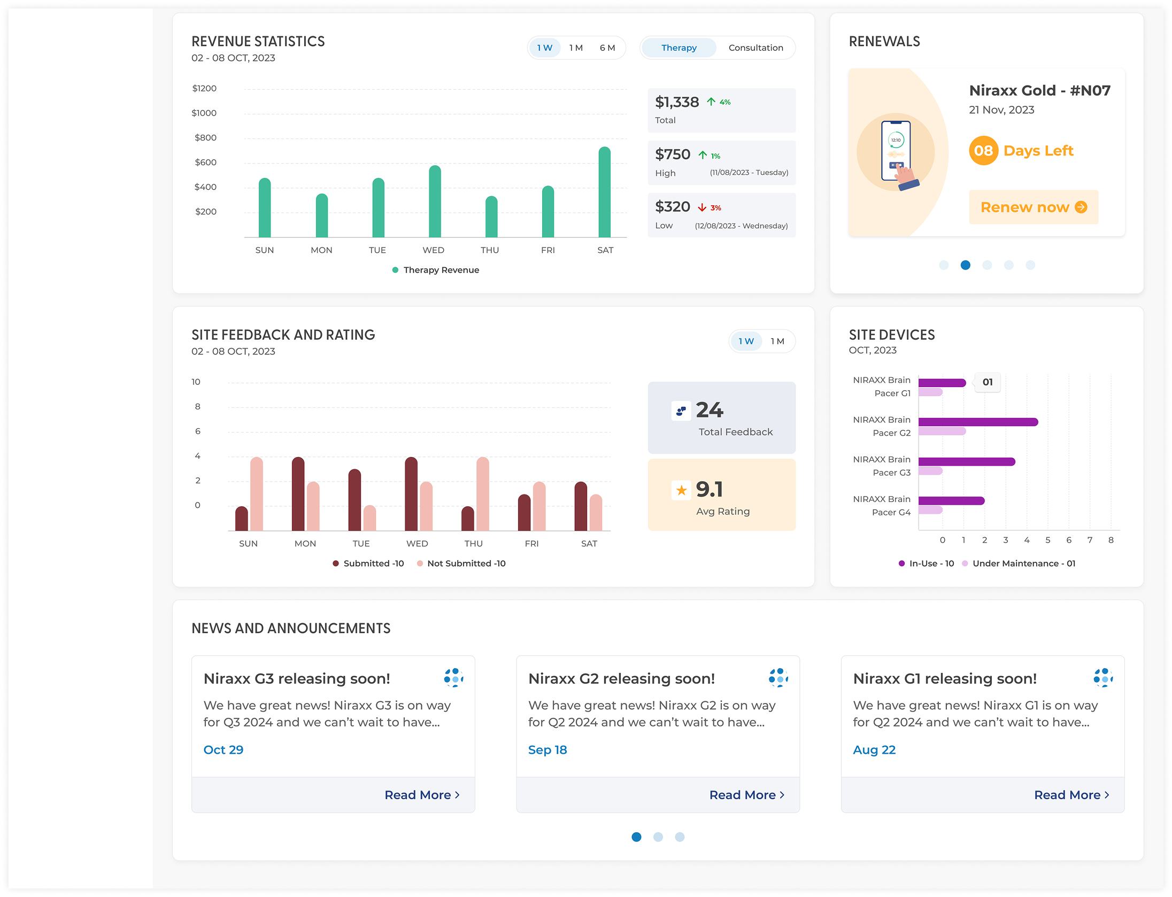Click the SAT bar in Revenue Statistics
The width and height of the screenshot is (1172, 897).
pyautogui.click(x=604, y=192)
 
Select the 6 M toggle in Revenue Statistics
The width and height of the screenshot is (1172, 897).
pyautogui.click(x=607, y=48)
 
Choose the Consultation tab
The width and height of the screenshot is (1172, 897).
pyautogui.click(x=755, y=48)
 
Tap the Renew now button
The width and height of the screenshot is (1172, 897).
pyautogui.click(x=1033, y=207)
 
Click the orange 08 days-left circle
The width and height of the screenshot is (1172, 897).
pyautogui.click(x=983, y=151)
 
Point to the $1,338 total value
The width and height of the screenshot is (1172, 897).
pyautogui.click(x=676, y=102)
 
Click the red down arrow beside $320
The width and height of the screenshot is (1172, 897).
pyautogui.click(x=701, y=207)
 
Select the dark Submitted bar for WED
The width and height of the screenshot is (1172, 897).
pyautogui.click(x=411, y=494)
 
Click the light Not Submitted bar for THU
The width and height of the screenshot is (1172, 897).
pyautogui.click(x=482, y=494)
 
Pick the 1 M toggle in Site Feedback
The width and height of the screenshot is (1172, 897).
pyautogui.click(x=777, y=341)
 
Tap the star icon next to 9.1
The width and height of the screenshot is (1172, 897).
pyautogui.click(x=681, y=490)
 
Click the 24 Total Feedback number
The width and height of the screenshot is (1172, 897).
pyautogui.click(x=709, y=410)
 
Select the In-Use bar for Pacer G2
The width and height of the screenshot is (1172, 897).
pyautogui.click(x=977, y=422)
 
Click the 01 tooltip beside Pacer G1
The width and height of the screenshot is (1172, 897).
pyautogui.click(x=987, y=382)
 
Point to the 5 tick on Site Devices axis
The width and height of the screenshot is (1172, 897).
pyautogui.click(x=1047, y=540)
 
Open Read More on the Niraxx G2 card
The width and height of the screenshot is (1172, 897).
pyautogui.click(x=746, y=795)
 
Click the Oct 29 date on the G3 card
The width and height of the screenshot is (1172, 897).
pyautogui.click(x=223, y=749)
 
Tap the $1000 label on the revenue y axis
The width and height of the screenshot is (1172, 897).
pyautogui.click(x=204, y=113)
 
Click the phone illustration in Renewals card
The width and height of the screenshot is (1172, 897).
pyautogui.click(x=896, y=152)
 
